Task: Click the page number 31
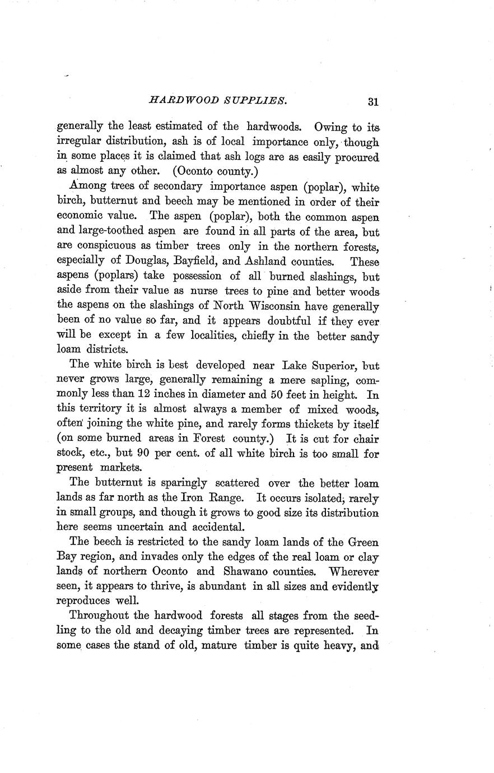[374, 102]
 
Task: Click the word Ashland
[268, 262]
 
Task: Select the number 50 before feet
[290, 394]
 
